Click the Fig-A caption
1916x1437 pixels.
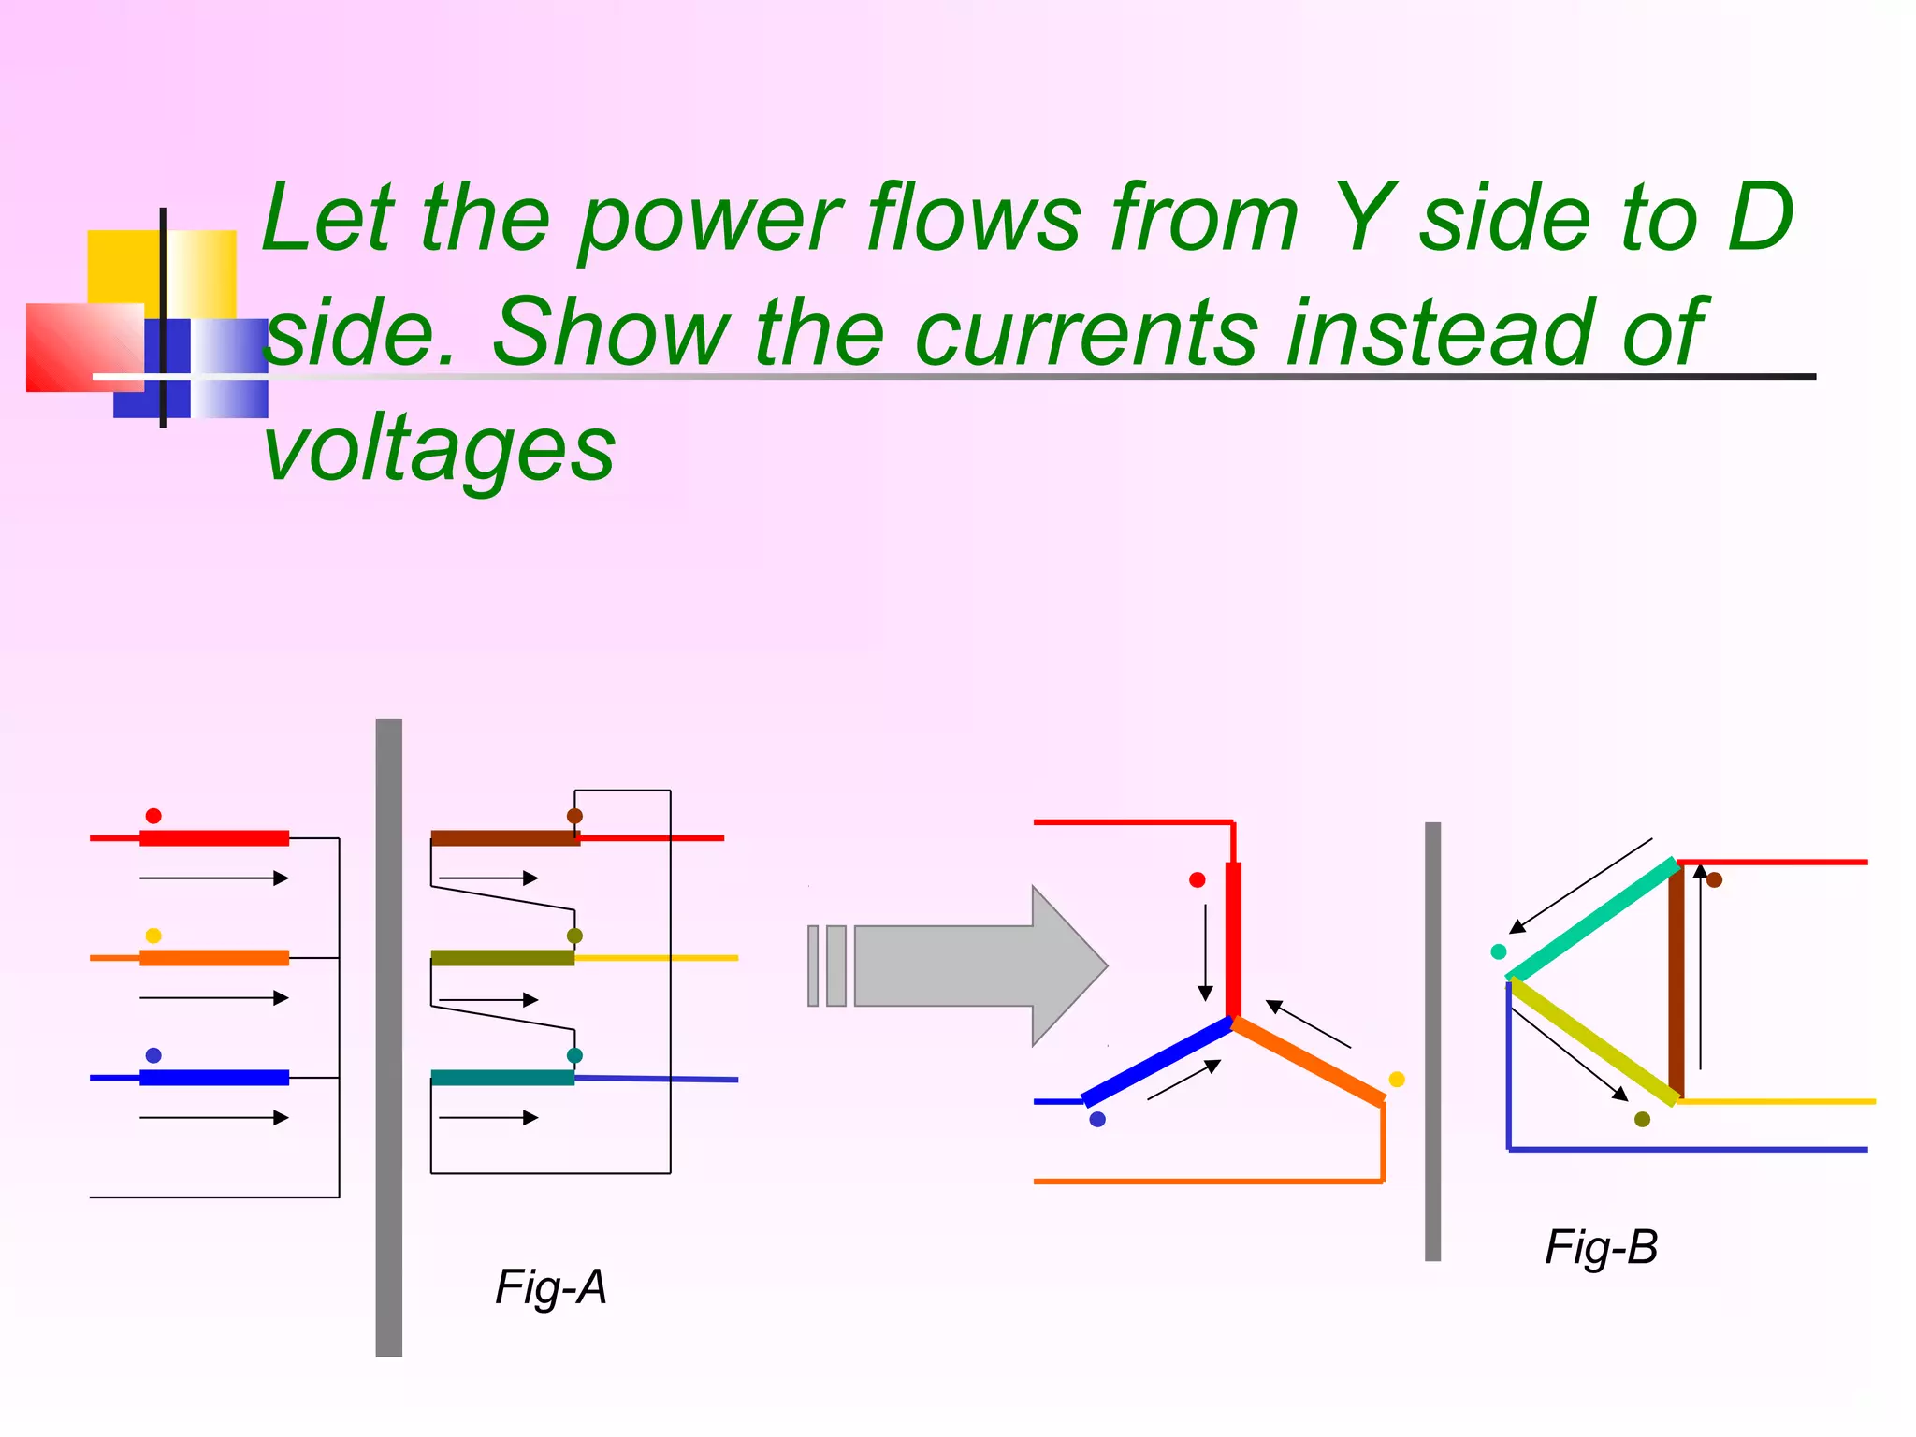point(551,1287)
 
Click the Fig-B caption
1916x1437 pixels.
point(1601,1247)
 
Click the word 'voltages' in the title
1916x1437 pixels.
point(439,449)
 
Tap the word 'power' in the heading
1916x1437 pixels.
point(710,220)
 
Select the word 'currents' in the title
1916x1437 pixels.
point(1085,334)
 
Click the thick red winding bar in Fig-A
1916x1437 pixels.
point(214,838)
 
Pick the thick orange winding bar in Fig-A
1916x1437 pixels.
point(214,958)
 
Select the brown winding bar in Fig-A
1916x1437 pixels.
point(504,838)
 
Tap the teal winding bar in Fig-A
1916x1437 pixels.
point(502,1078)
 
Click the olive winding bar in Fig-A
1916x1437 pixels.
point(502,958)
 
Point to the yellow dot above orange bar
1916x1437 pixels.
point(153,936)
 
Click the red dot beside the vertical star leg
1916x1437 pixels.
point(1197,880)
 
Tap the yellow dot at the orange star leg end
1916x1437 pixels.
point(1397,1080)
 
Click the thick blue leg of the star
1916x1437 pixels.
point(1157,1062)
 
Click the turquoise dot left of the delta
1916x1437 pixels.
point(1498,951)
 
